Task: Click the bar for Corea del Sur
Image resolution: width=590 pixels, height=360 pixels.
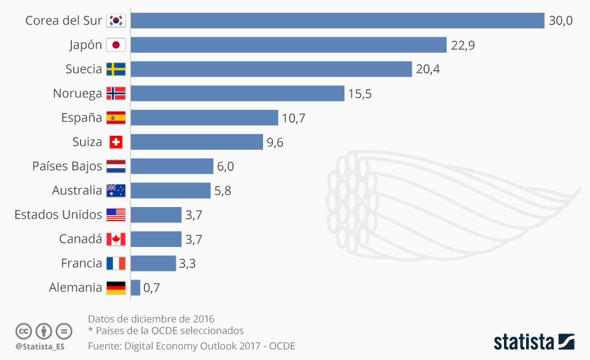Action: [337, 20]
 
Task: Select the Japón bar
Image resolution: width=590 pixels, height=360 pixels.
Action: [288, 45]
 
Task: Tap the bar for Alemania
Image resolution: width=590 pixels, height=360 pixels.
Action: [135, 288]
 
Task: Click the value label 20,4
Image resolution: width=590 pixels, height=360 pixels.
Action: [428, 69]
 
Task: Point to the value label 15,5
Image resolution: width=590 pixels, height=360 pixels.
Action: [360, 93]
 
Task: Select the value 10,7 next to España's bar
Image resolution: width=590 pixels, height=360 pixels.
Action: [293, 118]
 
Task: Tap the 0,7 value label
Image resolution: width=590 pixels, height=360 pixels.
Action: [152, 288]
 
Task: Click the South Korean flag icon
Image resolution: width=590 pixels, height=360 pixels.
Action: [116, 20]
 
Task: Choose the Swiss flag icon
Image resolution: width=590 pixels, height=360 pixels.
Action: [116, 142]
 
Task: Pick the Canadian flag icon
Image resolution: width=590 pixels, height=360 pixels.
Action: [116, 239]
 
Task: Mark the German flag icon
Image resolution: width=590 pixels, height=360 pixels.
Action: [116, 288]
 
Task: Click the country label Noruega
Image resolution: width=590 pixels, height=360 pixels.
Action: [77, 93]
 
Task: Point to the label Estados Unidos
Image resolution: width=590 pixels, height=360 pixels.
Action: [58, 214]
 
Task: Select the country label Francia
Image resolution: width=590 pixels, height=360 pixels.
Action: [81, 263]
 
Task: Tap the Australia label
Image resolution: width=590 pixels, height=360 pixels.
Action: [77, 190]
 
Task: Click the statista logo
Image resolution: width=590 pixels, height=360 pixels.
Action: [533, 341]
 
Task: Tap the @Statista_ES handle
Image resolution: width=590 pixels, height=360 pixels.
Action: [40, 346]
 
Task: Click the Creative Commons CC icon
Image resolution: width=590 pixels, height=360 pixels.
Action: [23, 331]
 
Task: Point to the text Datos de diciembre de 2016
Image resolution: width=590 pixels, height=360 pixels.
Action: [151, 319]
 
